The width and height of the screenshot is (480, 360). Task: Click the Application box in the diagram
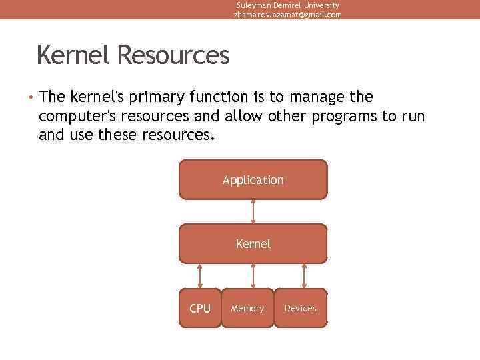click(253, 180)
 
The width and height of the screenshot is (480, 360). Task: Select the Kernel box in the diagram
click(253, 244)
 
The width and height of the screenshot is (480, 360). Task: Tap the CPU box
click(199, 308)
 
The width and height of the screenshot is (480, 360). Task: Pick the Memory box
click(247, 308)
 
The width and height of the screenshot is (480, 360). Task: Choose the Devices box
click(301, 308)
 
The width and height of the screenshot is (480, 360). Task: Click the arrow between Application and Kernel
click(253, 211)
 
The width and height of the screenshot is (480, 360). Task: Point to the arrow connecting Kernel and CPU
click(200, 275)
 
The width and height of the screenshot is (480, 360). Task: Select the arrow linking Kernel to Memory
click(253, 275)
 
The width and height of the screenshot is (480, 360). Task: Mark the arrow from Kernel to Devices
click(305, 275)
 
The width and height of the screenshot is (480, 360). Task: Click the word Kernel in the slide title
click(74, 55)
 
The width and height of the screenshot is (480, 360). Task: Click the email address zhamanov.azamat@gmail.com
click(287, 15)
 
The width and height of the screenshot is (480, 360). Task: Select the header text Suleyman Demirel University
click(287, 5)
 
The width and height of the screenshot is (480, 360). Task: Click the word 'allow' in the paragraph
click(244, 117)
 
